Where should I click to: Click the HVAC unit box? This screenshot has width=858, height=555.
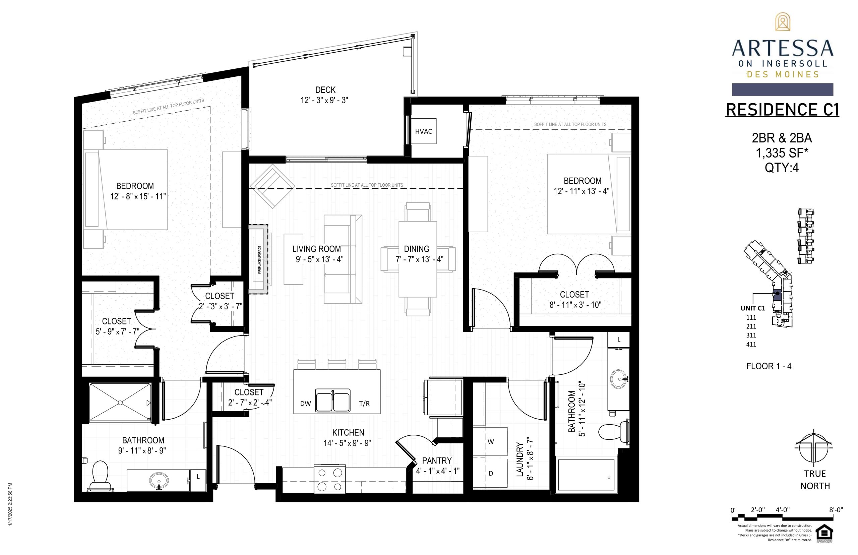tap(423, 131)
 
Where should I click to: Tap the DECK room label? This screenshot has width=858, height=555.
tap(325, 90)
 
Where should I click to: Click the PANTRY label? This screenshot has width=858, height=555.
tap(437, 460)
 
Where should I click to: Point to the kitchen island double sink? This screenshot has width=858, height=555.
tap(332, 400)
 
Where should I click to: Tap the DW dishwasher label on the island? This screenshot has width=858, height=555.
tap(306, 404)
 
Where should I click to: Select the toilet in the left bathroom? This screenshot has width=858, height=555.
tap(100, 476)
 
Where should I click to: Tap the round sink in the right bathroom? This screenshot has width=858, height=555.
tap(619, 379)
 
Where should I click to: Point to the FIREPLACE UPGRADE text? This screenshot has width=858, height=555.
tap(259, 259)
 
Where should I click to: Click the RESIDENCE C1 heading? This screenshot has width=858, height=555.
tap(782, 110)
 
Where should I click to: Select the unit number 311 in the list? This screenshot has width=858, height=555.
tap(751, 335)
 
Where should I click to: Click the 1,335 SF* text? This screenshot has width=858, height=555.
tap(782, 153)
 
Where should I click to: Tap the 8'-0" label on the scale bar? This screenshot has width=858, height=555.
tap(836, 510)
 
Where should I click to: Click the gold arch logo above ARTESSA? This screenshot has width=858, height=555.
tap(782, 22)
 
